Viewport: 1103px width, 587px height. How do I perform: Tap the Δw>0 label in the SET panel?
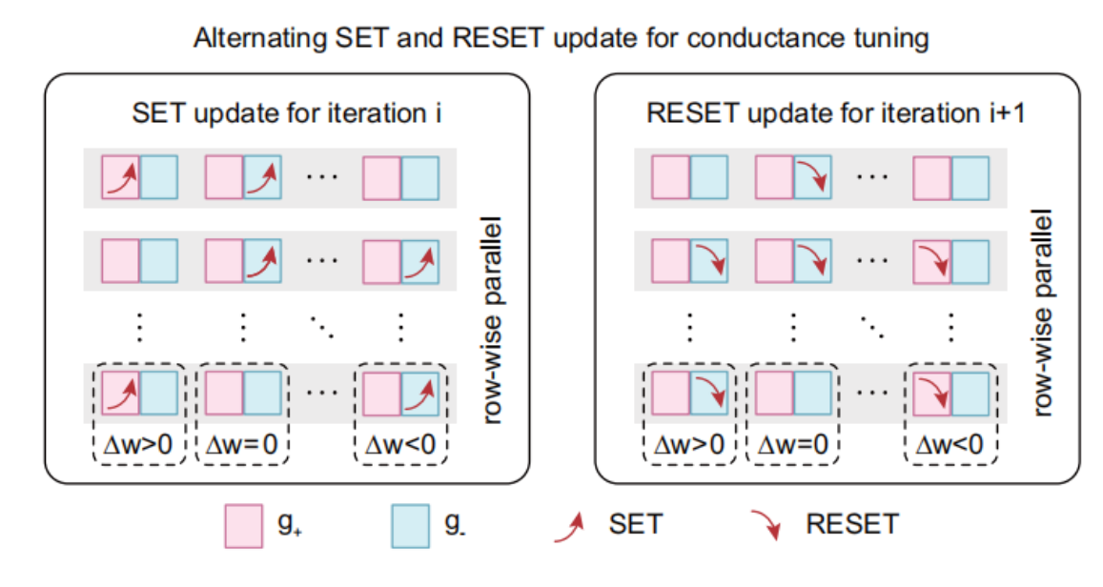(x=139, y=444)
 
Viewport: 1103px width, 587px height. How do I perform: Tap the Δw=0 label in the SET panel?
(x=242, y=444)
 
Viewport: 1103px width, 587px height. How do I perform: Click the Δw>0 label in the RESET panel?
(x=689, y=444)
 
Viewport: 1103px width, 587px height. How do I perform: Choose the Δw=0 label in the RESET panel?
(x=792, y=444)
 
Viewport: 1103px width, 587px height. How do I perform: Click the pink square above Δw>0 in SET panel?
(x=120, y=392)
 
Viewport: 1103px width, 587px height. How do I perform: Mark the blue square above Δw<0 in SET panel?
(x=419, y=392)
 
